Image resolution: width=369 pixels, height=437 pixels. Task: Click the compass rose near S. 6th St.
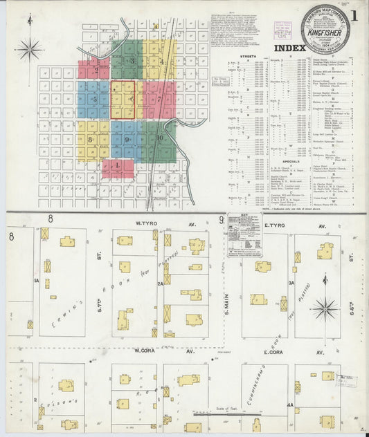coord(324,308)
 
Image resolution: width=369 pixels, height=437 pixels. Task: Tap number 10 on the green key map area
coord(159,138)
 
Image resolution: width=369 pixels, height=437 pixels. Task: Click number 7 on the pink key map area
coord(159,98)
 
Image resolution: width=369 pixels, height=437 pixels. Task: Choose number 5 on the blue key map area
coord(93,99)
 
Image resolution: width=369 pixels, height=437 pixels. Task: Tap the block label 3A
coord(291,282)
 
